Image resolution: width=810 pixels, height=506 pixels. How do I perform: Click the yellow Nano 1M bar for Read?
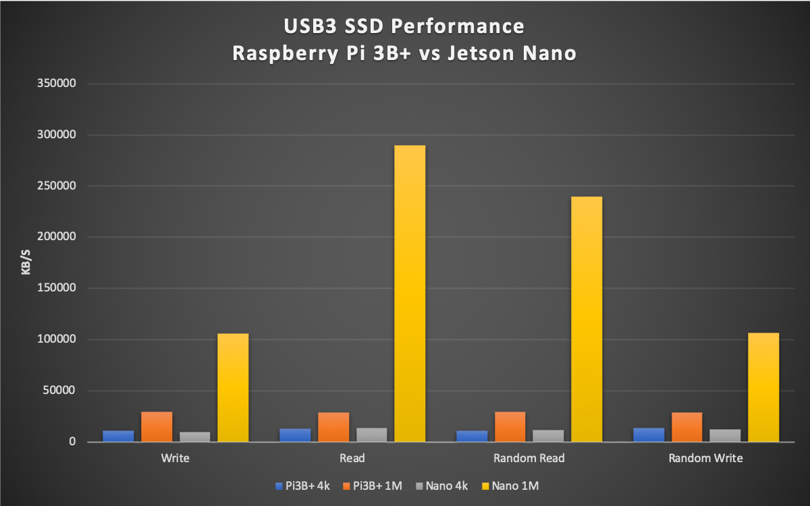tap(410, 293)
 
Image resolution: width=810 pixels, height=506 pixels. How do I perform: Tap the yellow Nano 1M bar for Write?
tap(233, 388)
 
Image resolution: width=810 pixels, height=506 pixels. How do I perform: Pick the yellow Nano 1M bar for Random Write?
tap(763, 387)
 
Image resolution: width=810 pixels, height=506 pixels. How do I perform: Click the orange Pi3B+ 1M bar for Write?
tap(157, 426)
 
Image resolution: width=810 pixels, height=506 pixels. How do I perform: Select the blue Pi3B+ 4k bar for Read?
tap(295, 435)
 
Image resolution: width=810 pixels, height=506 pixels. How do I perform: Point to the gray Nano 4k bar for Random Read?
tap(548, 436)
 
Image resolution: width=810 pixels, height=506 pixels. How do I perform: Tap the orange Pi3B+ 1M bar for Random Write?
tap(686, 427)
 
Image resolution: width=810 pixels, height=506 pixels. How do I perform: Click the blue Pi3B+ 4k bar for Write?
tap(118, 436)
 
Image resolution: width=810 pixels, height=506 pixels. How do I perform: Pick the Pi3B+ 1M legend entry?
tap(373, 486)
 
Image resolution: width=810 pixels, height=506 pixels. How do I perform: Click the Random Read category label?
tap(529, 458)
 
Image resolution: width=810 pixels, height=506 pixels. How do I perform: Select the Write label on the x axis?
tap(175, 458)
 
